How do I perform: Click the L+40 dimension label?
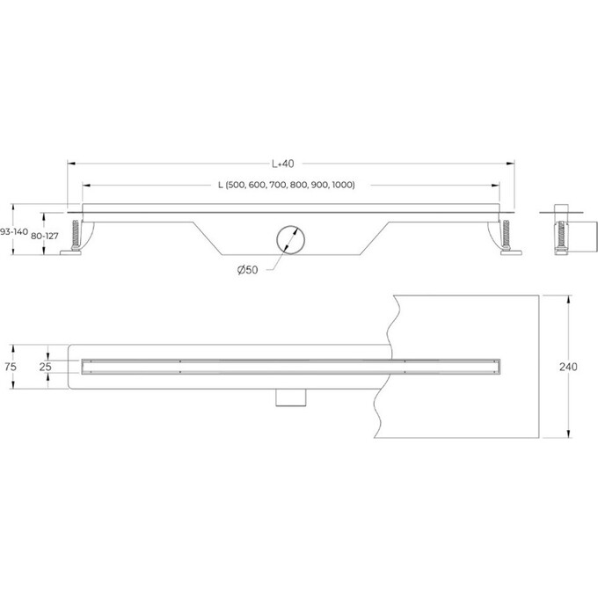click(x=282, y=163)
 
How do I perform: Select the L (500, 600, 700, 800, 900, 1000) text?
click(x=286, y=185)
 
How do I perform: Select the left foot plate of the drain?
click(x=69, y=255)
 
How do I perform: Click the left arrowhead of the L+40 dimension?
click(x=71, y=163)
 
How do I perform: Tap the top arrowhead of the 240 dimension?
click(x=568, y=296)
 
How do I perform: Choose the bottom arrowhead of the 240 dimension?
click(x=568, y=434)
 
